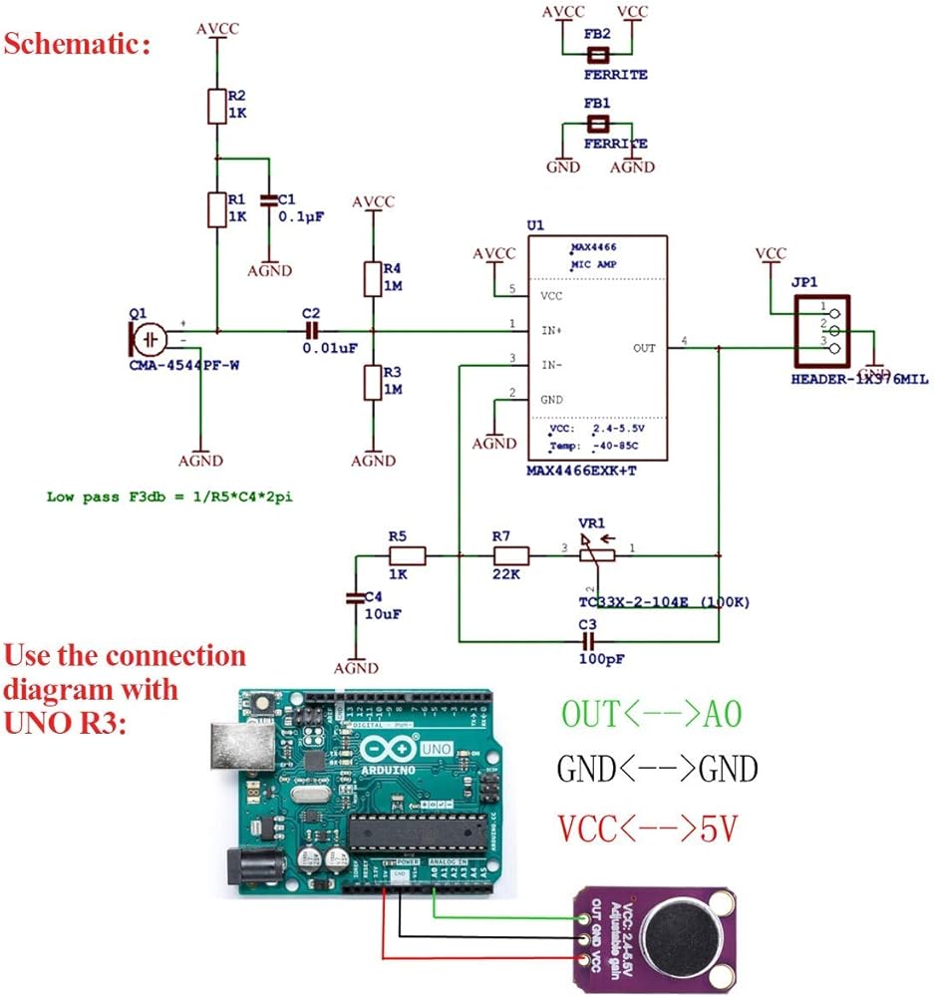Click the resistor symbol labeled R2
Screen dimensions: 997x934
216,106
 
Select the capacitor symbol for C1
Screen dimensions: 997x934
268,200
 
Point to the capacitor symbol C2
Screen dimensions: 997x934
313,330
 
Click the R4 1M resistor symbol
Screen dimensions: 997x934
372,278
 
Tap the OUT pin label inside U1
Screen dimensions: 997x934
644,348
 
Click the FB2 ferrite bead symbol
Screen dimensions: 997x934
597,55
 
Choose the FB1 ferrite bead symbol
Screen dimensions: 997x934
597,124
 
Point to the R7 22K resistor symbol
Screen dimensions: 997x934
510,556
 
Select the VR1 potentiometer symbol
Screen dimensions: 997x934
598,555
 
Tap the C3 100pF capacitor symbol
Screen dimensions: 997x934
587,638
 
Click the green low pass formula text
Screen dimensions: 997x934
175,496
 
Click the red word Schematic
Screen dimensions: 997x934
79,45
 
